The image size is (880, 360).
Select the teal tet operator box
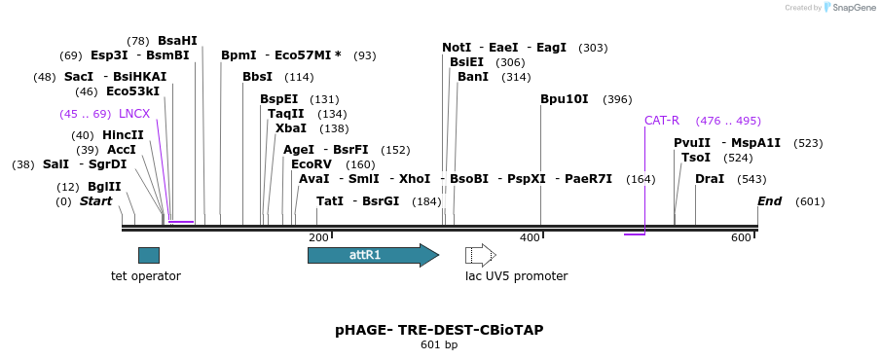click(x=149, y=255)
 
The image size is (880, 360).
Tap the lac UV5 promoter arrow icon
click(x=480, y=255)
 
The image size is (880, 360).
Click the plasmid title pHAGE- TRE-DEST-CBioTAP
click(x=439, y=330)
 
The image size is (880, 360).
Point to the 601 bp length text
click(x=439, y=344)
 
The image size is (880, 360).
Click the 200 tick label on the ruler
click(x=318, y=238)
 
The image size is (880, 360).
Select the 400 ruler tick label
click(x=530, y=238)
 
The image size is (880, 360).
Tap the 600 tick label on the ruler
click(x=741, y=238)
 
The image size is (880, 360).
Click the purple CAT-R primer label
click(x=662, y=121)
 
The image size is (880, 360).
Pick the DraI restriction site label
click(x=710, y=179)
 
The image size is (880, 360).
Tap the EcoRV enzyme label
click(x=312, y=164)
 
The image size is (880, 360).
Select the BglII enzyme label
click(x=104, y=187)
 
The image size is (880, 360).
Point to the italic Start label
click(x=95, y=201)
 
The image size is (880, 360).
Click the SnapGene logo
click(x=849, y=8)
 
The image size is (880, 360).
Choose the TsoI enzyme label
click(x=696, y=158)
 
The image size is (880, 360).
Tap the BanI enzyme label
click(x=473, y=77)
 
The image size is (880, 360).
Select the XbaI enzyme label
click(x=291, y=128)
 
